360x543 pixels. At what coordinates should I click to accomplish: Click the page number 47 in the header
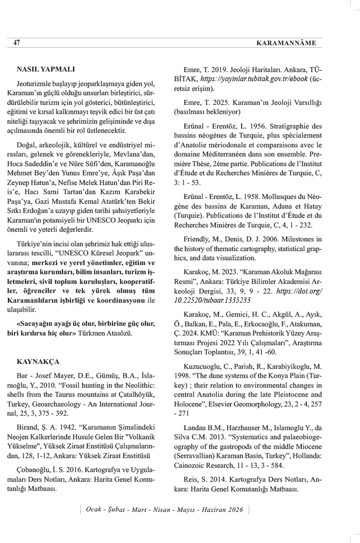17,42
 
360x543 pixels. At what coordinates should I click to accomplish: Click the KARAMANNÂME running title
288,42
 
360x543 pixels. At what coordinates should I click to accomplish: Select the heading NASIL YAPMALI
46,70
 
